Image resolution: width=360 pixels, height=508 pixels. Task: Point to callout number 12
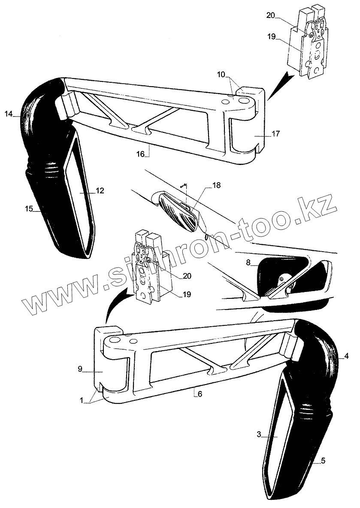pos(100,191)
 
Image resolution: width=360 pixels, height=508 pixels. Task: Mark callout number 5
pos(323,461)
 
